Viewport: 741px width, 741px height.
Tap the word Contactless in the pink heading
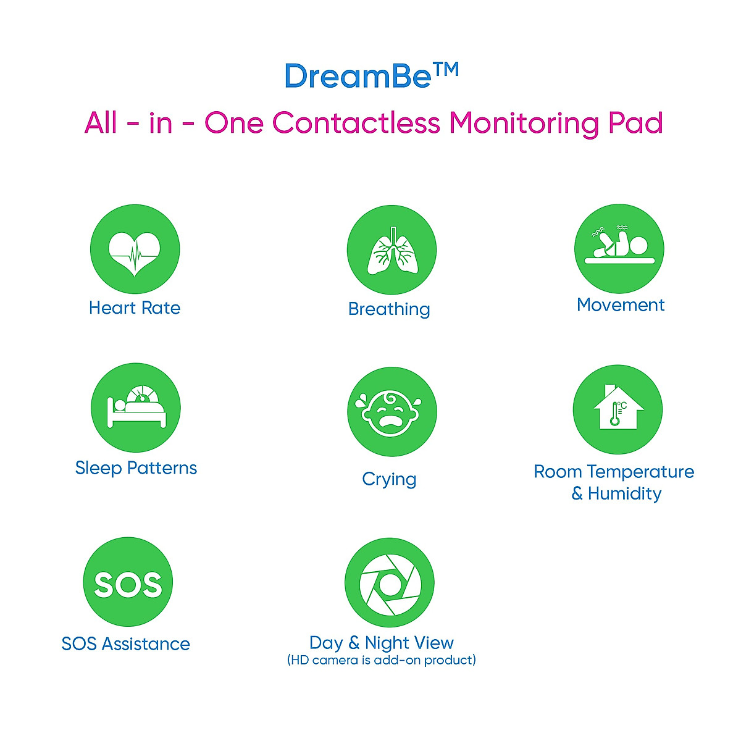coord(356,122)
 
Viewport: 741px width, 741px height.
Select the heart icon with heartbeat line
coord(135,249)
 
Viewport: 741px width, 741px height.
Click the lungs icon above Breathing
coord(391,251)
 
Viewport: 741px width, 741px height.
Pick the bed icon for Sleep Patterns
coord(136,408)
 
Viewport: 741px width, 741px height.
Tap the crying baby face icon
coord(391,412)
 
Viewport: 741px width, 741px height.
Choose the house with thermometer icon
coord(617,409)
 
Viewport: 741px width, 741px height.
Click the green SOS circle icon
coord(128,582)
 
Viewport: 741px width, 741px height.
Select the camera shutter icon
coord(390,583)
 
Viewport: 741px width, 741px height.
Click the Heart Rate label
coord(135,308)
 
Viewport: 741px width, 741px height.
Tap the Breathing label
coord(389,309)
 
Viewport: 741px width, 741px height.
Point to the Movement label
coord(621,305)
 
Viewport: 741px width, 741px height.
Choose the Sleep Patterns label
coord(136,468)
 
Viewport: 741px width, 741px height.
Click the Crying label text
coord(389,479)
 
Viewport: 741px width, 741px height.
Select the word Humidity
coord(624,493)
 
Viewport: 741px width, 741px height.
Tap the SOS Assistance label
coord(126,644)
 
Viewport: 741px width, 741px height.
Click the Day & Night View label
coord(382,643)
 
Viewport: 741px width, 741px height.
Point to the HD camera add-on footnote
coord(382,660)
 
